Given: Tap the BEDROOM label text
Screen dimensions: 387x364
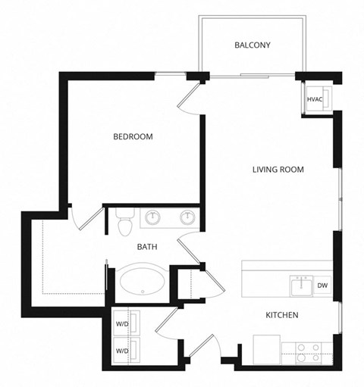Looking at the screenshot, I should [x=133, y=137].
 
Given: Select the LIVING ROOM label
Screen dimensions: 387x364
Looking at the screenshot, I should [x=278, y=170].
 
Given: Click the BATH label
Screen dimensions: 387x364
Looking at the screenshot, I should [x=146, y=247].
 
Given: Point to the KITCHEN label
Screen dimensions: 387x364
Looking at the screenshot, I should [x=281, y=315].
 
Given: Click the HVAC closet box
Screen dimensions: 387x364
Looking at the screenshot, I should [x=315, y=100].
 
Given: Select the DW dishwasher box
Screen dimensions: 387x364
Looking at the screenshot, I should [x=322, y=286].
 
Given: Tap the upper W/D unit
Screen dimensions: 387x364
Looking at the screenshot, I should [x=122, y=325].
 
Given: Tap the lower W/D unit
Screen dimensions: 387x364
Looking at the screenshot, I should [x=122, y=351].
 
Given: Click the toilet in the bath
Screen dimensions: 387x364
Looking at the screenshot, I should [x=126, y=222].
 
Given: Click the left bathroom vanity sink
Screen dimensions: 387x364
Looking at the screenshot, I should [x=155, y=217].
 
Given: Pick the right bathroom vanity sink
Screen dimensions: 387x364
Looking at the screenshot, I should [x=187, y=217].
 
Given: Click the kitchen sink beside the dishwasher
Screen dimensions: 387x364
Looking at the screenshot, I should [x=300, y=286].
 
